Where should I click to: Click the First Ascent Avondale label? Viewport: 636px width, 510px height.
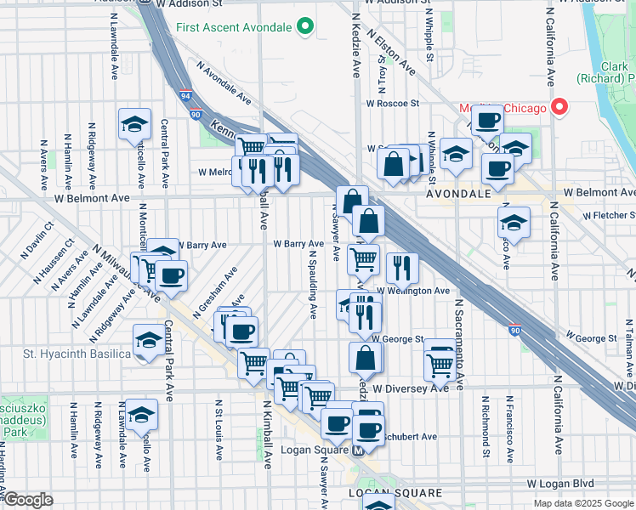pyautogui.click(x=233, y=28)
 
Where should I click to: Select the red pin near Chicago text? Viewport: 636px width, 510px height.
pyautogui.click(x=559, y=107)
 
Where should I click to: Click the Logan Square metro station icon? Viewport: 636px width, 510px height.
pyautogui.click(x=359, y=450)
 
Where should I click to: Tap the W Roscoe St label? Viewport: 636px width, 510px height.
pyautogui.click(x=393, y=104)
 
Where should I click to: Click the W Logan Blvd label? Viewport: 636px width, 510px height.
pyautogui.click(x=559, y=483)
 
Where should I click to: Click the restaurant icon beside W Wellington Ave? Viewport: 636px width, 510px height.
pyautogui.click(x=401, y=268)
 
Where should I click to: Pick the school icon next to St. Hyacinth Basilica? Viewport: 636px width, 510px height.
pyautogui.click(x=149, y=342)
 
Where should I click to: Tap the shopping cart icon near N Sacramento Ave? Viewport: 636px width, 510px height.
pyautogui.click(x=439, y=365)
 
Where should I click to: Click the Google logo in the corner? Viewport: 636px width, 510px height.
pyautogui.click(x=28, y=500)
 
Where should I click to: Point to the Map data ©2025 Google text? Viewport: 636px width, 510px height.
pyautogui.click(x=583, y=503)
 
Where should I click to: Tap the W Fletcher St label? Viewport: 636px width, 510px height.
pyautogui.click(x=603, y=216)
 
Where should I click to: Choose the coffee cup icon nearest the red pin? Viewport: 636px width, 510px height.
pyautogui.click(x=487, y=121)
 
